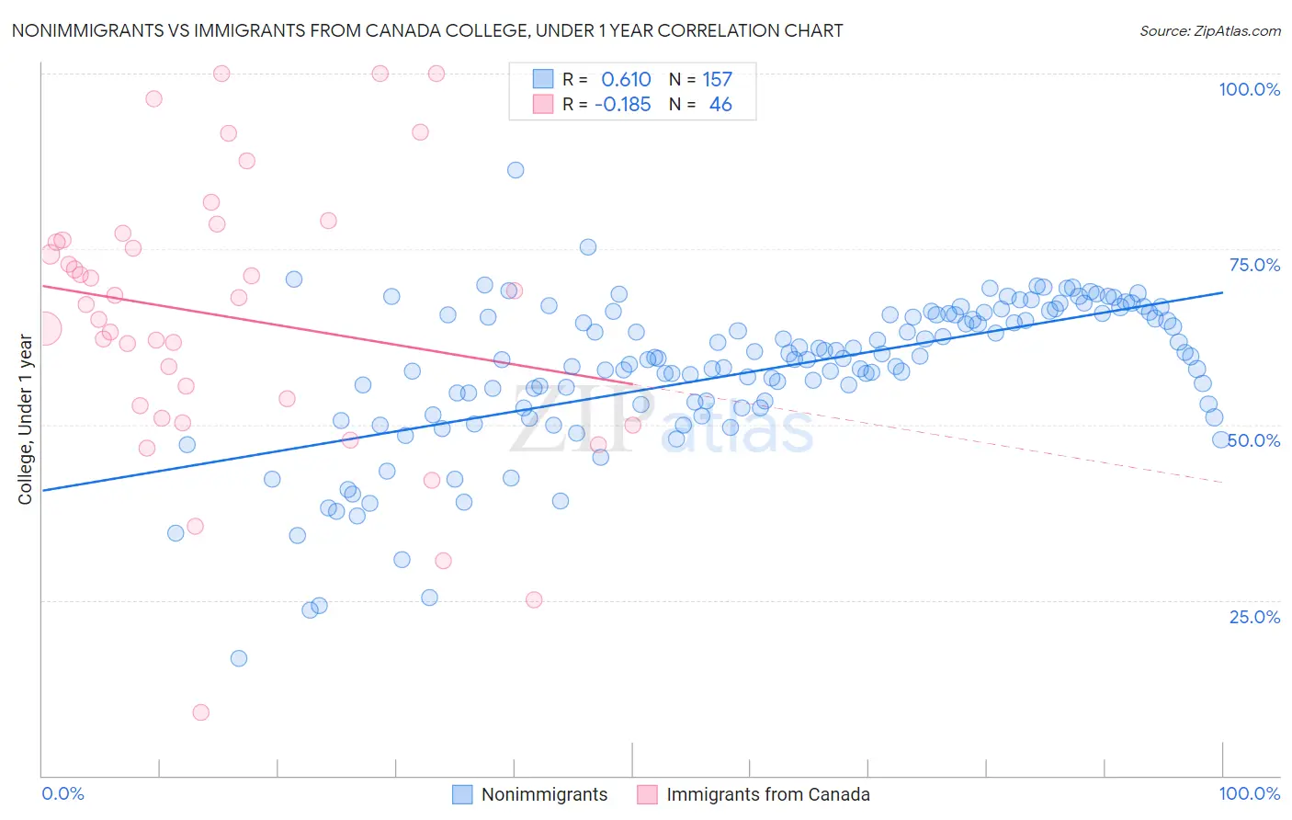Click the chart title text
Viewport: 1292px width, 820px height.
pos(426,31)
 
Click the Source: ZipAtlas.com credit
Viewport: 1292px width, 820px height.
pos(1209,31)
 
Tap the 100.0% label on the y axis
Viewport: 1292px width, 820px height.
pos(1249,89)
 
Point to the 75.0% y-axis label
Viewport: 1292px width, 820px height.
pos(1254,265)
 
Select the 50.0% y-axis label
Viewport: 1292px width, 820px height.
pos(1254,440)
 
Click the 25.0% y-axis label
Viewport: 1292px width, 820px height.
pos(1254,617)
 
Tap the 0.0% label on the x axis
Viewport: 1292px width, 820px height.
pos(63,793)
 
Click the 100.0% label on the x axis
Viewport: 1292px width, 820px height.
pos(1249,793)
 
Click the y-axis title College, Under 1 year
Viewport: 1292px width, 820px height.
pos(26,420)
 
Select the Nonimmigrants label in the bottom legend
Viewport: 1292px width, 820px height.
pos(544,794)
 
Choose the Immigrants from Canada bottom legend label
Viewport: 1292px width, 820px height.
pos(767,794)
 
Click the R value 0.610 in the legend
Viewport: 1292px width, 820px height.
pos(626,80)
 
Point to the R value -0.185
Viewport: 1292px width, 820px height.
pos(622,105)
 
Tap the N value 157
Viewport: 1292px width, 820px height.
pos(718,80)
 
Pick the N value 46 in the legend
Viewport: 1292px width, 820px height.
pos(720,105)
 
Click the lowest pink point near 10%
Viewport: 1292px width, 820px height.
pos(200,712)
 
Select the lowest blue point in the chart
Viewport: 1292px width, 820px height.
pos(239,658)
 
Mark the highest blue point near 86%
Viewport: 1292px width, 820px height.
pos(516,170)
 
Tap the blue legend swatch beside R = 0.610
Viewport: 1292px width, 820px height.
pos(543,79)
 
